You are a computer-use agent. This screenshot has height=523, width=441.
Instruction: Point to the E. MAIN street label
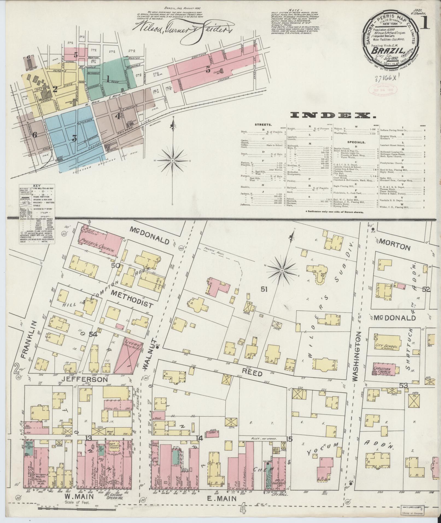pos(223,499)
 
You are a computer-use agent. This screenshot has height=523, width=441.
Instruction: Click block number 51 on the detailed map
pos(264,289)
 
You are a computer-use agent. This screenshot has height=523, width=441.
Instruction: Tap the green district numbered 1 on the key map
pos(109,80)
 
